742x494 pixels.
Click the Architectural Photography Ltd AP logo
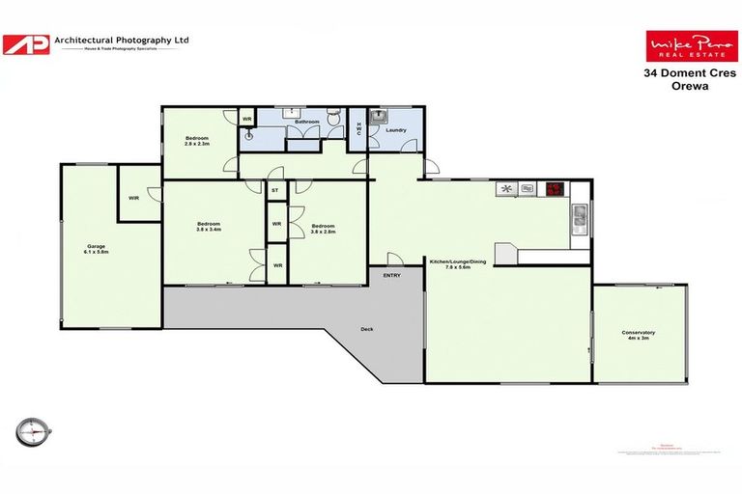[26, 44]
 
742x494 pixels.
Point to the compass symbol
[33, 430]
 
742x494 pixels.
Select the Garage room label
[97, 249]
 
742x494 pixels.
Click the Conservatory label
[639, 335]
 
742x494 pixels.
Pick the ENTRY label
[391, 275]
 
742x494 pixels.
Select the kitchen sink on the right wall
[579, 217]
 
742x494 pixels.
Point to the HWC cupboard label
[358, 129]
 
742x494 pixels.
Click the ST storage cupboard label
[275, 191]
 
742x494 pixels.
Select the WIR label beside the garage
[133, 198]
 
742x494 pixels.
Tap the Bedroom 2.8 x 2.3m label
[197, 141]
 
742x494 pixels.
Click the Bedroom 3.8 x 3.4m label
[209, 227]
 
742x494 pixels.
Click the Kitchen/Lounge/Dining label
[457, 263]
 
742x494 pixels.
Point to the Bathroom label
[307, 123]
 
